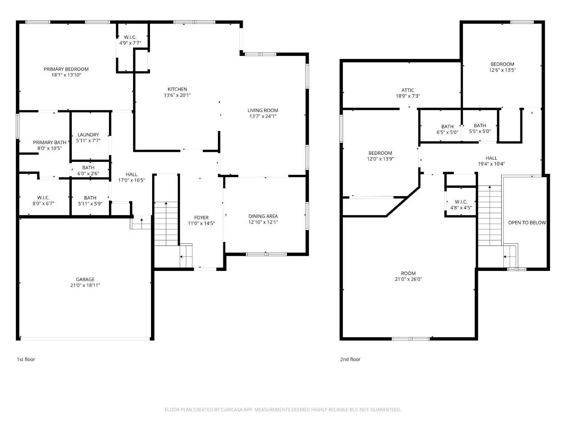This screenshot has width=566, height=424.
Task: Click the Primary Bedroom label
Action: click(66, 69)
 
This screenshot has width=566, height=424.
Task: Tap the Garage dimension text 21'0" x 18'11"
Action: click(85, 285)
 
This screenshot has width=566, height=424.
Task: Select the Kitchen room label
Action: click(177, 89)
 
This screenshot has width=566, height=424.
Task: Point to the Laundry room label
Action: click(88, 135)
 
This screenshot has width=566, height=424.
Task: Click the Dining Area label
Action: click(263, 216)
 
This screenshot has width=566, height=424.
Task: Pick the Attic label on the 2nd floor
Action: click(408, 90)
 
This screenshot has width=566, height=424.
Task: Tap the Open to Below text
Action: click(527, 223)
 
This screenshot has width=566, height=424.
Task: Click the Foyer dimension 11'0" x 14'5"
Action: click(201, 223)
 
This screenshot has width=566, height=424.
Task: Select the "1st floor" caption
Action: click(26, 359)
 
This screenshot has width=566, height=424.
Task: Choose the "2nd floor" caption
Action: click(350, 359)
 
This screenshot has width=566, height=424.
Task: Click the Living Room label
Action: click(263, 110)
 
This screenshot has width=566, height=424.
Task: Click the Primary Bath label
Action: click(50, 142)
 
